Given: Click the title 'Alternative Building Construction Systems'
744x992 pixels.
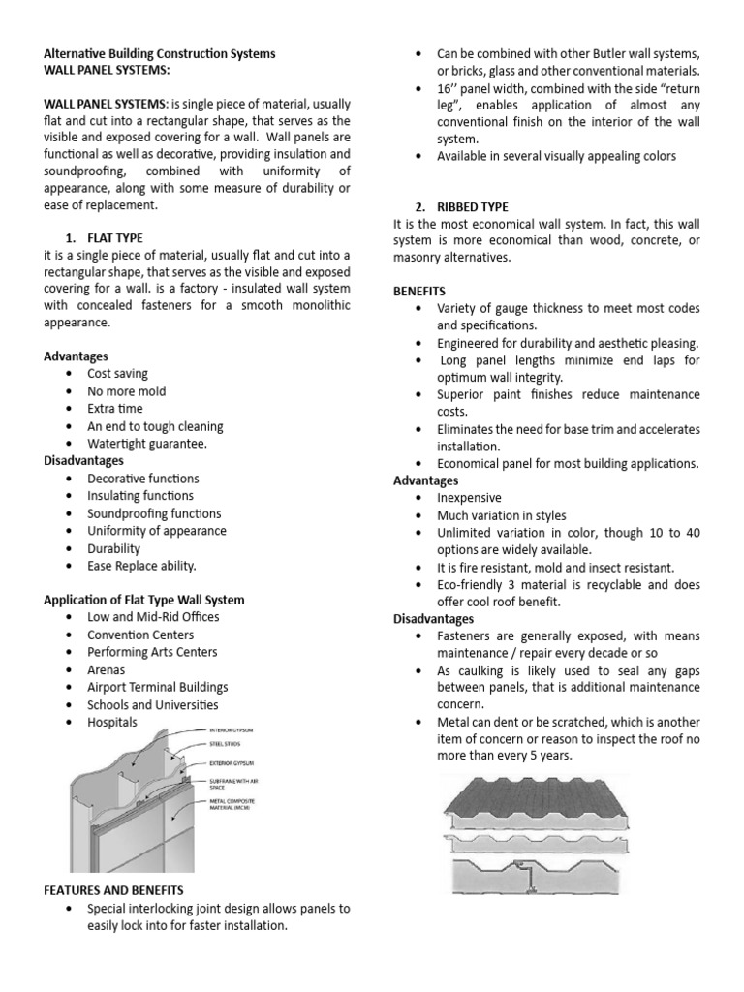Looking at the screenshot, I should point(160,53).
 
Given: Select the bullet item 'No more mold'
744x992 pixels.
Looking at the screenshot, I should point(126,391).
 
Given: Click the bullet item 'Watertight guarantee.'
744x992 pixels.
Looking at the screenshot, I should point(147,444).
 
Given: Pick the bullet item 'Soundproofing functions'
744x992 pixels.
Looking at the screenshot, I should point(154,513).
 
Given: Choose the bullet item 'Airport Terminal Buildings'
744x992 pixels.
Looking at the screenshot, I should point(158,687).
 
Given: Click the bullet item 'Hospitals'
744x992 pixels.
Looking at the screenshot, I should point(112,722).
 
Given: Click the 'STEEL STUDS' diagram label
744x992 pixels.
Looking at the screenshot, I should point(228,745).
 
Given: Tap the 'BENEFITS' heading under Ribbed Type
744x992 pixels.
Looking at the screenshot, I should point(419,291).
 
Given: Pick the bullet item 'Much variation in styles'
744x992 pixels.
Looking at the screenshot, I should point(502,515).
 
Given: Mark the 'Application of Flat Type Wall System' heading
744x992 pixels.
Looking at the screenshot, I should point(144,600).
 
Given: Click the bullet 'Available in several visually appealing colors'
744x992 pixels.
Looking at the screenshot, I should point(556,156).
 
